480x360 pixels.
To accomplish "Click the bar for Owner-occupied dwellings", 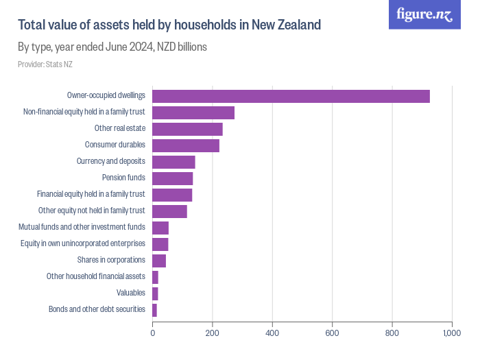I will (x=291, y=97).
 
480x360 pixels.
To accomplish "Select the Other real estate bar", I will (x=187, y=130).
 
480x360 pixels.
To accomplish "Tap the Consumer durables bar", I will (x=186, y=145).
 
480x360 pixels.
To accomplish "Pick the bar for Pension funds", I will (x=172, y=178).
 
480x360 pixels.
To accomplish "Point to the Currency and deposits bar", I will (x=173, y=162).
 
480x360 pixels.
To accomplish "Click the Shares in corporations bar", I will (x=159, y=261).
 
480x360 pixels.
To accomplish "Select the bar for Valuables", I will (x=155, y=293).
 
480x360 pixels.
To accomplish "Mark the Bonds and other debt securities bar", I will (x=154, y=310).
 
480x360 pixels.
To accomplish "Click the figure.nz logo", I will (x=424, y=14).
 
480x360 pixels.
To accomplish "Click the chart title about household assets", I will (x=169, y=25).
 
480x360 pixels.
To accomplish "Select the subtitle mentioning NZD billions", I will (x=112, y=47).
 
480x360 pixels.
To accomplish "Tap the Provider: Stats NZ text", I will (x=45, y=64).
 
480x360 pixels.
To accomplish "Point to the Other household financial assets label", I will (x=95, y=276).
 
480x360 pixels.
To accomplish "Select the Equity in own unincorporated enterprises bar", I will (x=160, y=244).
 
